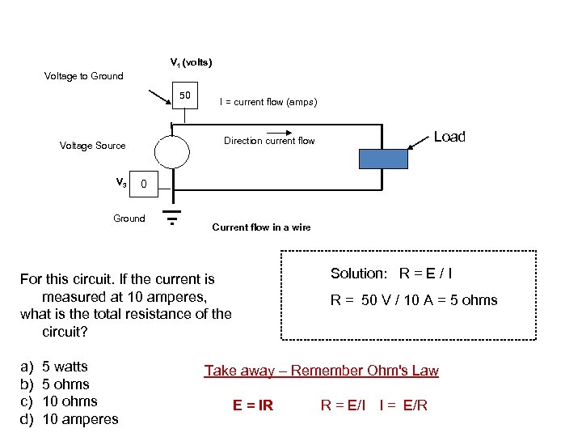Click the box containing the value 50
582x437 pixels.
[x=185, y=96]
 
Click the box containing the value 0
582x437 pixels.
[x=143, y=185]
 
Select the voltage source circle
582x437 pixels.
[x=172, y=151]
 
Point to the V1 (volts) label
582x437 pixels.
[x=191, y=62]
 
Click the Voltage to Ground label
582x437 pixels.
[x=83, y=76]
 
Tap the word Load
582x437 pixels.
[x=449, y=137]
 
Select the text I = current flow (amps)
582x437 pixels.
[x=268, y=102]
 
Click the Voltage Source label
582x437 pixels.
[x=92, y=146]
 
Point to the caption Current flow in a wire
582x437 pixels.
[x=261, y=227]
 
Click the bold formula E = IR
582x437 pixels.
[x=253, y=405]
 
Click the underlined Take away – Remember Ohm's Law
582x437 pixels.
[x=321, y=371]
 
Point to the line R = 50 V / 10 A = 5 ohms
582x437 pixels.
[x=414, y=300]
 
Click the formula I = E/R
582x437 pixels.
[x=403, y=405]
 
